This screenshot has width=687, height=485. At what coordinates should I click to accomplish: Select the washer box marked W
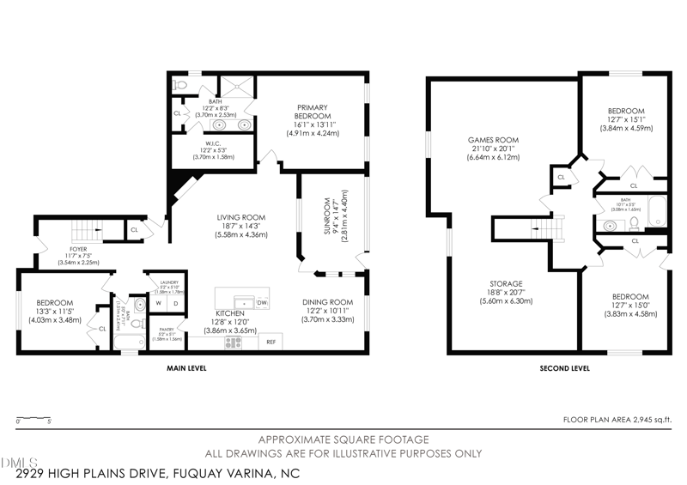pyautogui.click(x=158, y=303)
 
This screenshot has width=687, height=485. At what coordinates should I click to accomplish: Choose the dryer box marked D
pyautogui.click(x=175, y=303)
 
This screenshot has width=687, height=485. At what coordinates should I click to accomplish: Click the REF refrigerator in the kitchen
pyautogui.click(x=271, y=342)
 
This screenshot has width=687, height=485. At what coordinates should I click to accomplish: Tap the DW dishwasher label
pyautogui.click(x=262, y=303)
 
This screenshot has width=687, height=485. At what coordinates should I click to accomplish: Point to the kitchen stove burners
pyautogui.click(x=233, y=342)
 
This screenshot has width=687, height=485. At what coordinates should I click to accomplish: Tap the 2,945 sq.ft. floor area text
pyautogui.click(x=616, y=420)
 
